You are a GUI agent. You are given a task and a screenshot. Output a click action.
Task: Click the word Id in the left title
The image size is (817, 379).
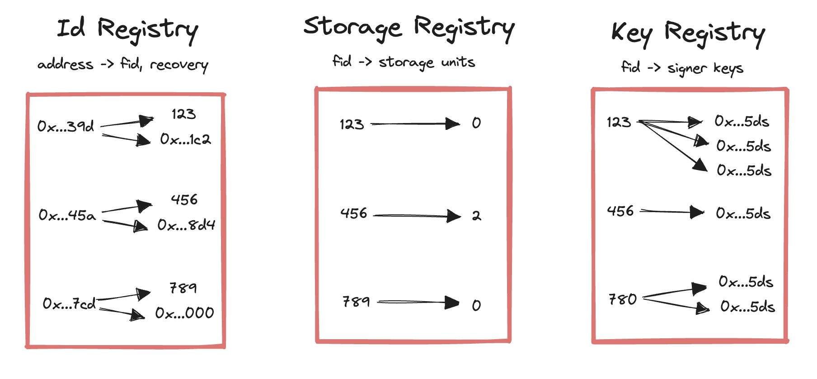tap(71, 28)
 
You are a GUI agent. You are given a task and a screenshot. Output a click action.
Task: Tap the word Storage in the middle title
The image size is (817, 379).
tap(352, 27)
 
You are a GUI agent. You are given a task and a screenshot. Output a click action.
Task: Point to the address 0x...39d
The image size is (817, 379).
tap(66, 126)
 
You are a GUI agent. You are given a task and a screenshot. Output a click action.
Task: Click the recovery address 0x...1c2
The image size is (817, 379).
tap(185, 139)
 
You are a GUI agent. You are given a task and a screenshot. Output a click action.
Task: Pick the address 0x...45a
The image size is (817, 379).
tap(67, 215)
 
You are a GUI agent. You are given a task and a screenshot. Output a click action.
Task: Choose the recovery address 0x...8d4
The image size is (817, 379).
tap(186, 225)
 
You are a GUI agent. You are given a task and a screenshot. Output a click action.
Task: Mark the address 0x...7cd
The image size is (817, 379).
tap(69, 303)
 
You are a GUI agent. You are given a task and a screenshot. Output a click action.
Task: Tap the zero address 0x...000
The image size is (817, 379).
tap(184, 313)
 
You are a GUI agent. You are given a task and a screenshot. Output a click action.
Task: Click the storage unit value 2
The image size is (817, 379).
tap(476, 216)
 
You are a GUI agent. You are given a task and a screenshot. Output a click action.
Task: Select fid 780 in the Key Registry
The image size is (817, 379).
tap(622, 299)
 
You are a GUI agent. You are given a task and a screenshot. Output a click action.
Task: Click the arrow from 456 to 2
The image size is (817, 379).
tap(416, 216)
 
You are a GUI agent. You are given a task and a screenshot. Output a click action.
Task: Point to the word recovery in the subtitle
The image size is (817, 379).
tap(179, 65)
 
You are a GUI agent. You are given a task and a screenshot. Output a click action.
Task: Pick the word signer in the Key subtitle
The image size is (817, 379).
tap(687, 69)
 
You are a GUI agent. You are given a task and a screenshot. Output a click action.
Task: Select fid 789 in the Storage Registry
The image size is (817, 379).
tap(356, 302)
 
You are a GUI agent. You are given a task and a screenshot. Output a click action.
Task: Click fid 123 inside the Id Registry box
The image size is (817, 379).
tap(183, 114)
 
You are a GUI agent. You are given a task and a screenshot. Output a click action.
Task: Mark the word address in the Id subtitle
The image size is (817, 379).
tap(66, 64)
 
